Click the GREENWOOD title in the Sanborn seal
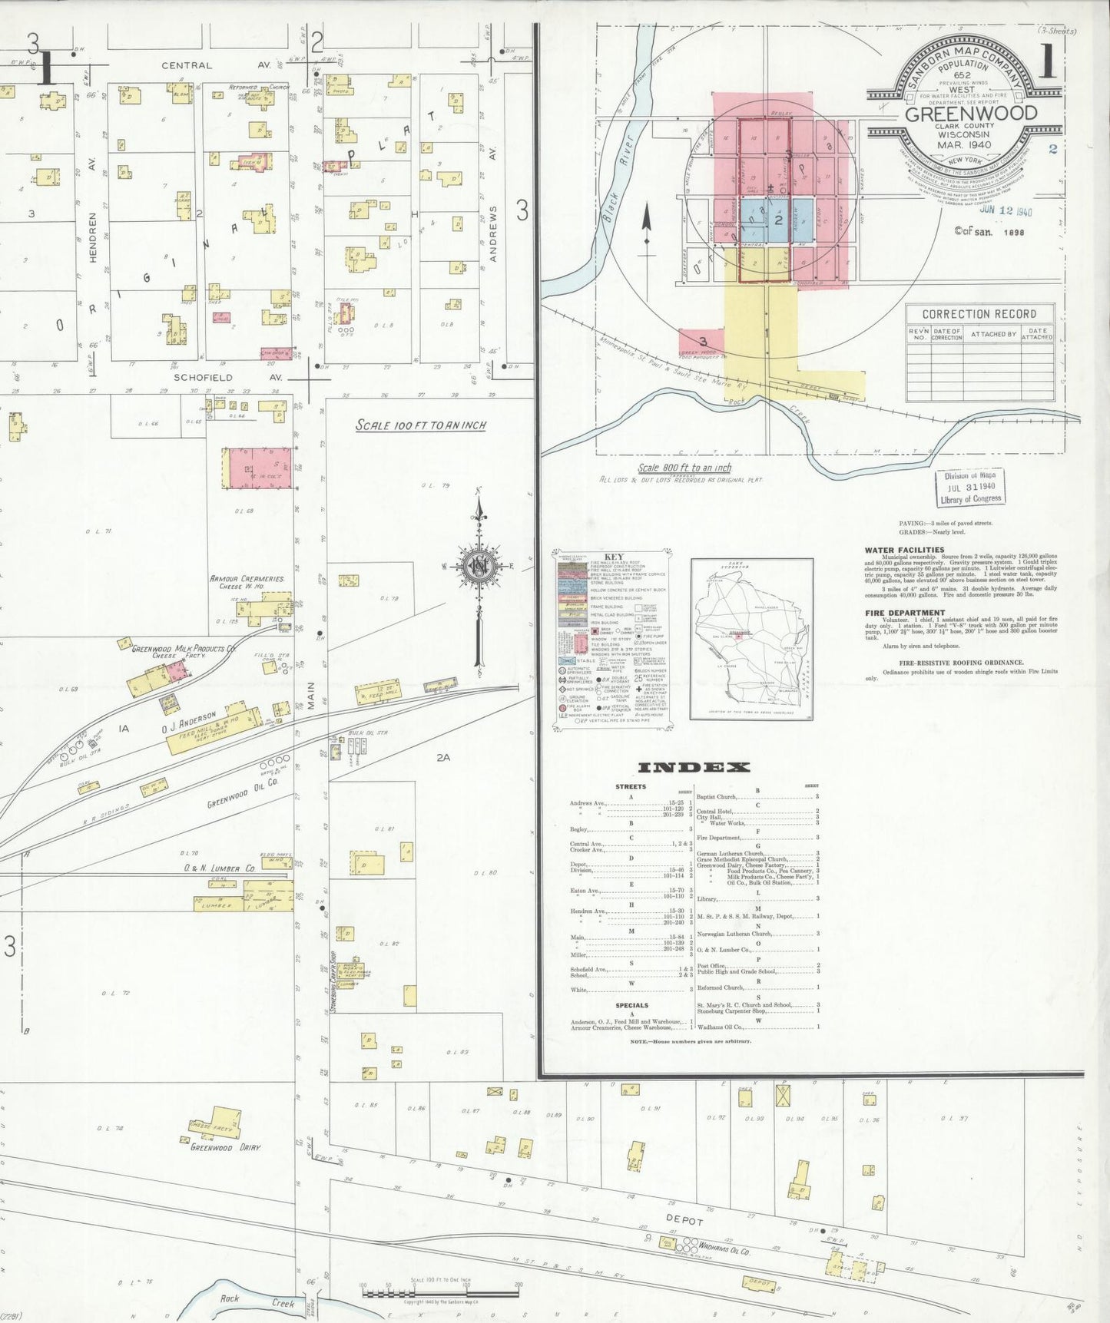click(971, 114)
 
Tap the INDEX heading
click(694, 767)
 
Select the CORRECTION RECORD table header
click(979, 314)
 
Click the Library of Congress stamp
click(971, 488)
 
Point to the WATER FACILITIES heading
click(904, 550)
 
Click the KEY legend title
click(614, 557)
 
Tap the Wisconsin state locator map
click(751, 639)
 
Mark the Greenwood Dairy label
click(225, 1148)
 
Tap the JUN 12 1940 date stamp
click(1006, 211)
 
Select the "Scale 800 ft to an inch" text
click(684, 468)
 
